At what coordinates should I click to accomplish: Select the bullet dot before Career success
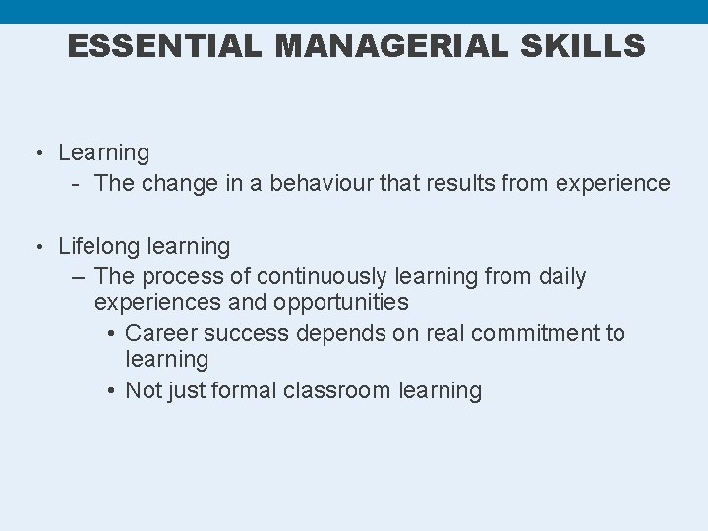(113, 334)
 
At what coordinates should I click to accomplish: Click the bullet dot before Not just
(113, 390)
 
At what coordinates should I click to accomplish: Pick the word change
(174, 184)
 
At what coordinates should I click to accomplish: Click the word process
(182, 277)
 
